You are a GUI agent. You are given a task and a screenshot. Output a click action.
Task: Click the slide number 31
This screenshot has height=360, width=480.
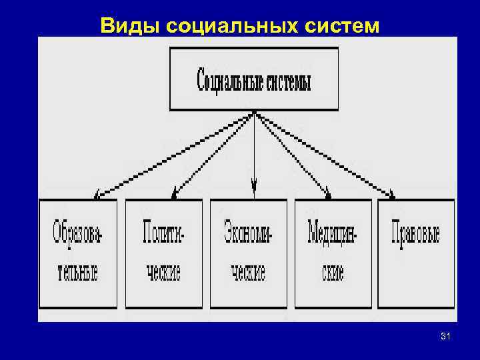[x=446, y=338]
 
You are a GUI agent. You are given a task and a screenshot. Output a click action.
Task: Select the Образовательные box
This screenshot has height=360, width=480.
[x=77, y=253]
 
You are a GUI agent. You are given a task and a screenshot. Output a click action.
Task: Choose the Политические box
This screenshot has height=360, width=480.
[x=163, y=253]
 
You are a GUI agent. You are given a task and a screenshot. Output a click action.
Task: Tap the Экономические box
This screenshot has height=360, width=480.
[x=248, y=253]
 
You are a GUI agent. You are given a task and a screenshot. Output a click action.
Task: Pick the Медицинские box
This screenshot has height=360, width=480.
[x=333, y=253]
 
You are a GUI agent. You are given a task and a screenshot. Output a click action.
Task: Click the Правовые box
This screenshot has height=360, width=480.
[x=416, y=253]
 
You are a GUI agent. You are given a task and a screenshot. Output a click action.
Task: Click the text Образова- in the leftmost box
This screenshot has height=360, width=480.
[x=78, y=233]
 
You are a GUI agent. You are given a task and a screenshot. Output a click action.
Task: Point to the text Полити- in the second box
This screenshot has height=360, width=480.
[x=163, y=233]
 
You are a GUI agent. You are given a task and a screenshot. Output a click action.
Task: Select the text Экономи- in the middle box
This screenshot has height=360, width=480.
[x=249, y=233]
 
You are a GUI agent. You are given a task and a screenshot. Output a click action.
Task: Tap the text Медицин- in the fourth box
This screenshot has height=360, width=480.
[x=333, y=233]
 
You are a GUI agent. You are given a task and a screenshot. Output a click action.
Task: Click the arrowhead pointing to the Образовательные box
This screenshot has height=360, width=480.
[x=97, y=194]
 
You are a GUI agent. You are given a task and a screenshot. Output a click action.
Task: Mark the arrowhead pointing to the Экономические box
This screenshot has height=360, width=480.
[x=253, y=184]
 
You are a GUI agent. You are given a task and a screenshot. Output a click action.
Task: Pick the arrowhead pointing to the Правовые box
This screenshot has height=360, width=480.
[x=392, y=195]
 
